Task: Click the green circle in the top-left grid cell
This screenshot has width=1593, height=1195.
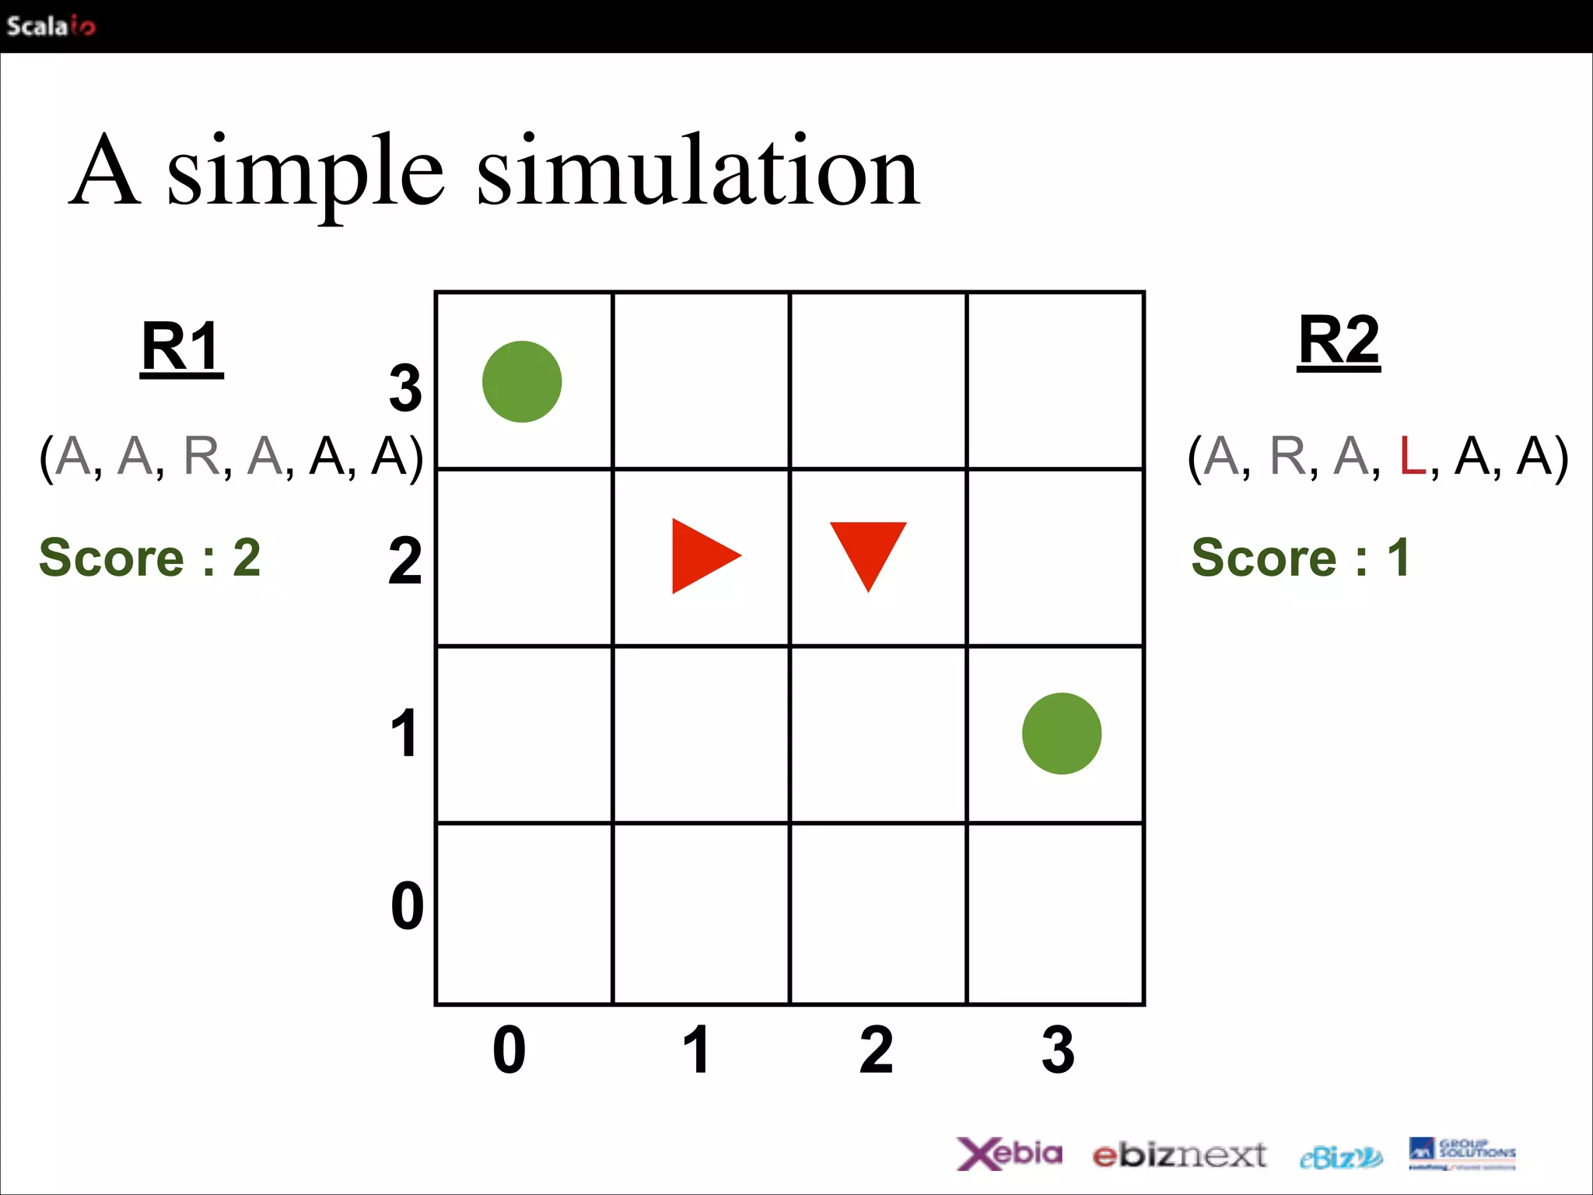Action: coord(522,382)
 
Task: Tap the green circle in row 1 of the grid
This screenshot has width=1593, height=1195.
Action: coord(1062,734)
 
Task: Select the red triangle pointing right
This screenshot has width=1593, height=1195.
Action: coord(700,555)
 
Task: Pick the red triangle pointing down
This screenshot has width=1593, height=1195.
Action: coord(868,550)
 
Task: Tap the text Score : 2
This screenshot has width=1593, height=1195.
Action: coord(150,558)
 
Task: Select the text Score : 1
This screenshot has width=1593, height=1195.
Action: coord(1300,558)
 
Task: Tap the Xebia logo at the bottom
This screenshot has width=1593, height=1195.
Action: coord(1010,1153)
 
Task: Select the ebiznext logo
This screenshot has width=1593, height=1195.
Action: coord(1179,1155)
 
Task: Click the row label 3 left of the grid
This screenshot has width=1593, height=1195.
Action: coord(405,388)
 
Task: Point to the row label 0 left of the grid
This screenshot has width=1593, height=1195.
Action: coord(407,906)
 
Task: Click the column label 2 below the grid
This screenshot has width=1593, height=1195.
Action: coord(877,1050)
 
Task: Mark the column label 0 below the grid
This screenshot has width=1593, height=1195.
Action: coord(509,1050)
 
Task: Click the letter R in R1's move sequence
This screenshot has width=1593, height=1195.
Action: coord(202,456)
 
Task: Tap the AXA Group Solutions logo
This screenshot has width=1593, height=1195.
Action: coord(1462,1153)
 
